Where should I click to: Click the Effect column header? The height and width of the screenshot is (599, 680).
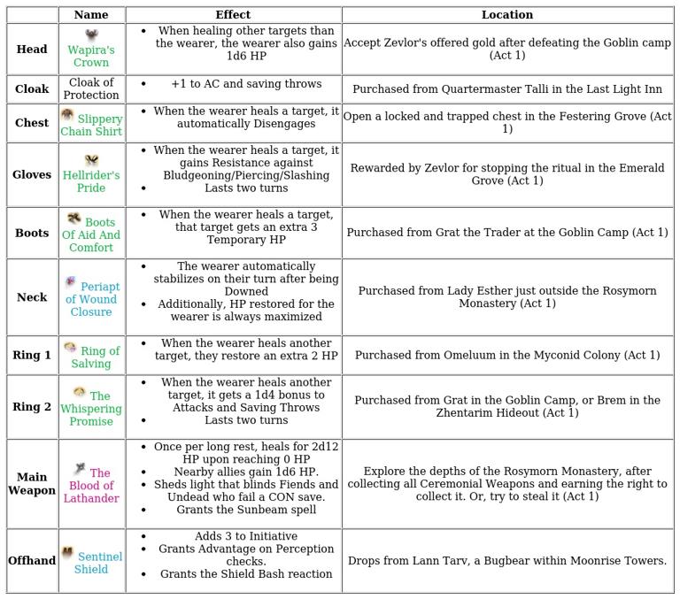coord(233,15)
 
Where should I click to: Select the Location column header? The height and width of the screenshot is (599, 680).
coord(507,15)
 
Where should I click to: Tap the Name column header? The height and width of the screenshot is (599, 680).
coord(91,15)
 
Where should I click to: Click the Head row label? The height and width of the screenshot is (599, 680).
coord(32,50)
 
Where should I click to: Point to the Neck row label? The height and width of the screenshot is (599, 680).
coord(32,297)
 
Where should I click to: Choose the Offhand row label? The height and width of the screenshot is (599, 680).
coord(32,561)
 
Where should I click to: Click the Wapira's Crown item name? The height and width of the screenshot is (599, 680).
coord(91,57)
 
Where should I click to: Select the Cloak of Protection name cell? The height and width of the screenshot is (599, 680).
coord(91,89)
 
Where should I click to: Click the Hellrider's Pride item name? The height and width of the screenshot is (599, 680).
coord(91,181)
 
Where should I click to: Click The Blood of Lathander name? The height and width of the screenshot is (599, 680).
coord(93,486)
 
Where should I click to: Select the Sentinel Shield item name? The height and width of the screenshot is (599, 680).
coord(97,563)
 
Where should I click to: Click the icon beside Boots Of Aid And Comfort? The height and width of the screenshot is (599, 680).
coord(74,219)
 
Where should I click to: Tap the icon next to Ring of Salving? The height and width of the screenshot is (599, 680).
coord(70,348)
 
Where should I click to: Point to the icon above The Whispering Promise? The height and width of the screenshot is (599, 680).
coord(80,392)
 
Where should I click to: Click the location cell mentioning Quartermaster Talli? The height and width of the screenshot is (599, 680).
coord(507,89)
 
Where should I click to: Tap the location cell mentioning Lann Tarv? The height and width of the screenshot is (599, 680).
coord(507,561)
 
